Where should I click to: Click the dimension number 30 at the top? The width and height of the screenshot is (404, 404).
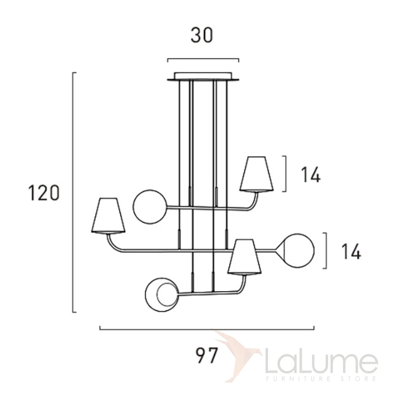tap(201, 35)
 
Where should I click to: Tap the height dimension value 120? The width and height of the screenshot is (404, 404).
tap(44, 193)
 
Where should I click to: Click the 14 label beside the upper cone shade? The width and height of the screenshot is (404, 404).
tap(311, 175)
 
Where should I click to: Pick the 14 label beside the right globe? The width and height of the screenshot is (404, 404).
tap(351, 251)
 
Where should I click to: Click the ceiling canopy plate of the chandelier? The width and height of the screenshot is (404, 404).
tap(203, 77)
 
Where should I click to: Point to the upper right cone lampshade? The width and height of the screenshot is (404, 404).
tap(257, 174)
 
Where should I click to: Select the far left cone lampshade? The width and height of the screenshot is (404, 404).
tap(108, 215)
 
